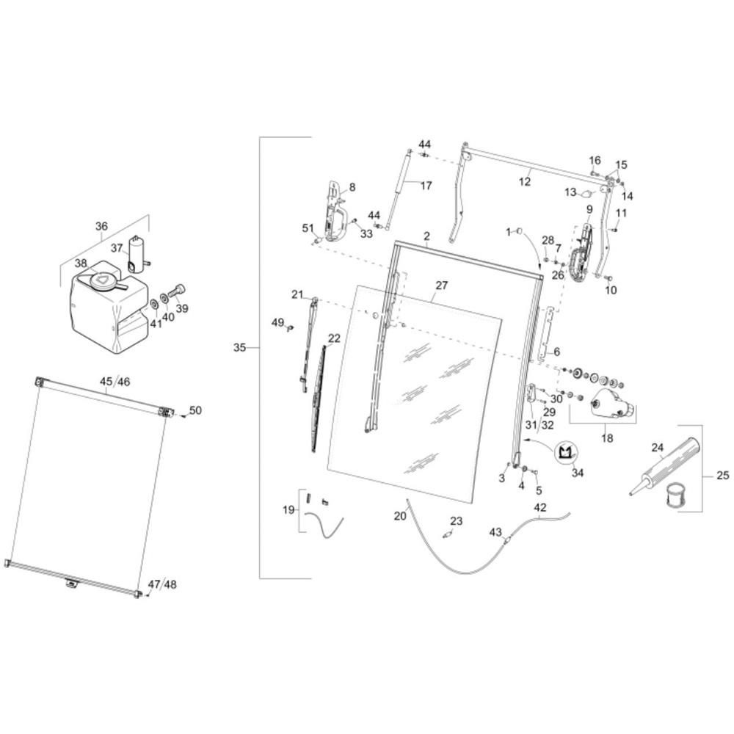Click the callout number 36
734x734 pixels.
(x=101, y=226)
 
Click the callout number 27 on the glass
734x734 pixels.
(x=441, y=285)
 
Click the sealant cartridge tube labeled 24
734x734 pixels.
(x=665, y=466)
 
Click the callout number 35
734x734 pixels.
(x=239, y=348)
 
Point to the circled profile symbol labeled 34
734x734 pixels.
(x=567, y=453)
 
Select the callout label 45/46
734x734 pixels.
(x=115, y=382)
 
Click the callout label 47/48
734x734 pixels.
(x=162, y=584)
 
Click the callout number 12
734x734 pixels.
(x=525, y=181)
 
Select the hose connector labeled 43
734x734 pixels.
(x=507, y=540)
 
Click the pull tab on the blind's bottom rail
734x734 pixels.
(x=71, y=582)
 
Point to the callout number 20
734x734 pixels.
(x=400, y=516)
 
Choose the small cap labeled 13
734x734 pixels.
(x=586, y=193)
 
